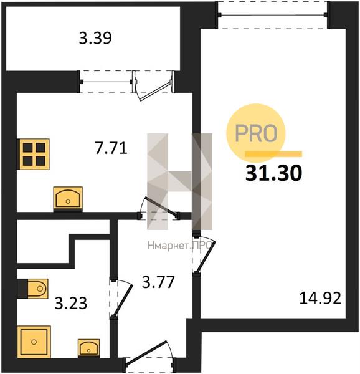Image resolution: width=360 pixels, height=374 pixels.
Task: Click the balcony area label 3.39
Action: pos(95,38)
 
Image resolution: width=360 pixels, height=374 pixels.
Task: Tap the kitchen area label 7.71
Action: pos(111,148)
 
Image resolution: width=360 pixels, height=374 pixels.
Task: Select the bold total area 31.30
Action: pos(274,173)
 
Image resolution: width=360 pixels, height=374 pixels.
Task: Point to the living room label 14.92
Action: pos(320,298)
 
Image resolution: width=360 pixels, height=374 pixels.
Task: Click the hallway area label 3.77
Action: pos(158,282)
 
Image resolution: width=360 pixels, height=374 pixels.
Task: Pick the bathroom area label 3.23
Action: pos(71,304)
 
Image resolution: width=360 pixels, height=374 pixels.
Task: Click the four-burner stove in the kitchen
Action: pos(34,154)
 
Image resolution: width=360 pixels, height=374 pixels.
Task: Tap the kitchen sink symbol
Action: pos(68,199)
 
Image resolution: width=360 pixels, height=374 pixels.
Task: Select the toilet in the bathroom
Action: pos(33,289)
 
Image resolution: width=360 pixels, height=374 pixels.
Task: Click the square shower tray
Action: pos(34,342)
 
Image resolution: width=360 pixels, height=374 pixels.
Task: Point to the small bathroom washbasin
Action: pos(88,348)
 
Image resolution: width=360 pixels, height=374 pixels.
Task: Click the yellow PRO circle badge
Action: pos(255,133)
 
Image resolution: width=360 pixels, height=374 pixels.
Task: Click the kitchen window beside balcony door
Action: pos(107,82)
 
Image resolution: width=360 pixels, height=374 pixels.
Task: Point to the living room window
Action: pos(273,15)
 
